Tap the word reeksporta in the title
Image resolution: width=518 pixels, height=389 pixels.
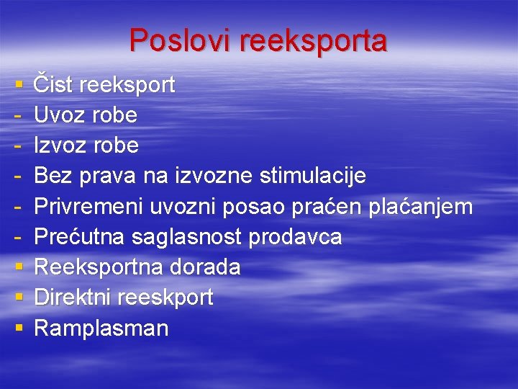[x=313, y=42]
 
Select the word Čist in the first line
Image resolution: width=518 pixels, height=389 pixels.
[x=54, y=85]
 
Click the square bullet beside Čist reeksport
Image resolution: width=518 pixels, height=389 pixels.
[x=17, y=86]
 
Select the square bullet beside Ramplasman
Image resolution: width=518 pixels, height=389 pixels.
[x=17, y=329]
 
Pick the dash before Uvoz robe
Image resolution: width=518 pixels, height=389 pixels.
[x=17, y=116]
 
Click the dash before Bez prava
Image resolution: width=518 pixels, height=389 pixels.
[x=17, y=176]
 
